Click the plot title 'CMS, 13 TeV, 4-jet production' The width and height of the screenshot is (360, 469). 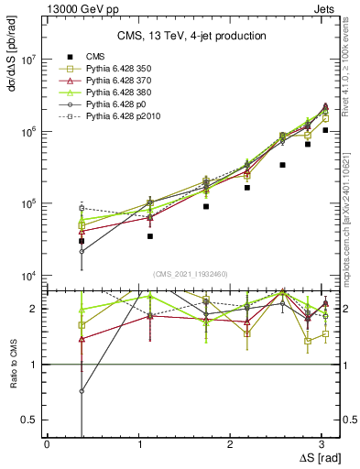point(191,36)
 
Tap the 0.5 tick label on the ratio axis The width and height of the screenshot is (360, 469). point(29,420)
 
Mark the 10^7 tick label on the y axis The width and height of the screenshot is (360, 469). point(27,60)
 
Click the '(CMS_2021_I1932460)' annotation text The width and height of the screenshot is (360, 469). point(190,274)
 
